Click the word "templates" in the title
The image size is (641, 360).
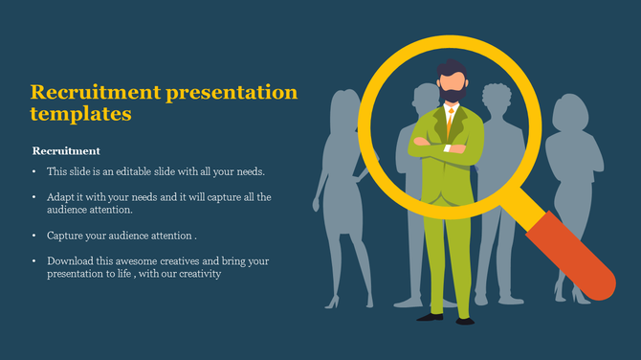[80, 114]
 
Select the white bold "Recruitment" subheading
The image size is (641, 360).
[66, 151]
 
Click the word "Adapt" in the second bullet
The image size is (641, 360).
[61, 197]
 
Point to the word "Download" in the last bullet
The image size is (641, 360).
[71, 260]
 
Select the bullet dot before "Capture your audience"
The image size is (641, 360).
[33, 236]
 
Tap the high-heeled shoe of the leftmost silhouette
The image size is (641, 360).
[332, 302]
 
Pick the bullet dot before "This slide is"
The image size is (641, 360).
[33, 172]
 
